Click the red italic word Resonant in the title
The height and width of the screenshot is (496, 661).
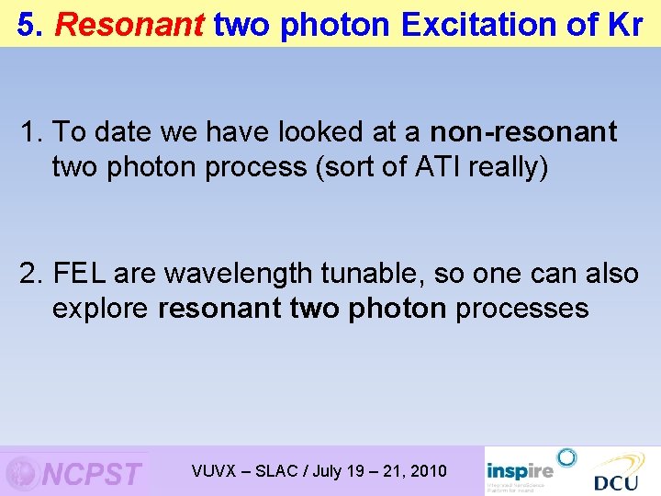[129, 25]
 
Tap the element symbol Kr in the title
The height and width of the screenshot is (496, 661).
[625, 25]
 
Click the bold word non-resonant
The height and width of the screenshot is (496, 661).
[523, 132]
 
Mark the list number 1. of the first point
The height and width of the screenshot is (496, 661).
[33, 132]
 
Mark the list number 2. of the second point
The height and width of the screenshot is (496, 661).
[33, 273]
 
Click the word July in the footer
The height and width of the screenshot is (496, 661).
[328, 471]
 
